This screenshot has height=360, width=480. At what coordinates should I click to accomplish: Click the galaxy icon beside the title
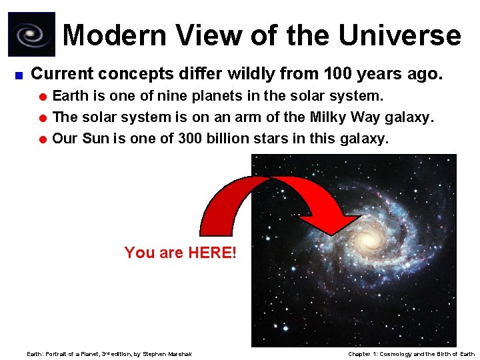click(x=31, y=34)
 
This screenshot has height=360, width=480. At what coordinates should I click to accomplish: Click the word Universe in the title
click(x=399, y=35)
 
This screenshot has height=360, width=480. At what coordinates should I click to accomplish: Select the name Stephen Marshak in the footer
click(x=167, y=354)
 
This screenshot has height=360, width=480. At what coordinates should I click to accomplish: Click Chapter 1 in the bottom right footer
click(x=363, y=354)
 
